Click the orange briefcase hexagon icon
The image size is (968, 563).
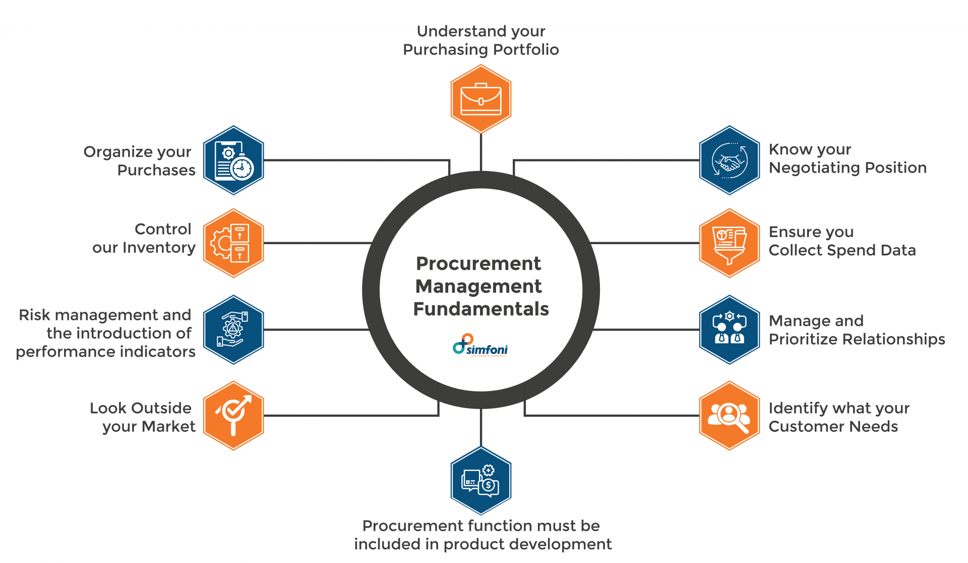click(x=480, y=99)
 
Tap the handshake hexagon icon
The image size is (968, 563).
click(x=729, y=160)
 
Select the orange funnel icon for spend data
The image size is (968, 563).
click(x=729, y=243)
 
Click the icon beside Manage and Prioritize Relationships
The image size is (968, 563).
click(x=729, y=330)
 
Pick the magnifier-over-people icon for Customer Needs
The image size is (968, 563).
click(x=729, y=416)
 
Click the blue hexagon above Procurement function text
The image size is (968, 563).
click(x=480, y=481)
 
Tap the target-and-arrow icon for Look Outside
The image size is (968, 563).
click(x=233, y=416)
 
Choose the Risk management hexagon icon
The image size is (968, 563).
click(x=233, y=330)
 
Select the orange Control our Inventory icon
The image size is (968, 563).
click(x=233, y=243)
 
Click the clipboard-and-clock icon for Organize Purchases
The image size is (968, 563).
click(x=233, y=160)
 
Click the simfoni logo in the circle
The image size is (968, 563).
click(x=480, y=346)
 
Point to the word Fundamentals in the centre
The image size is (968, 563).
click(x=480, y=309)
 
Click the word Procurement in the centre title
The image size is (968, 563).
click(x=478, y=263)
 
